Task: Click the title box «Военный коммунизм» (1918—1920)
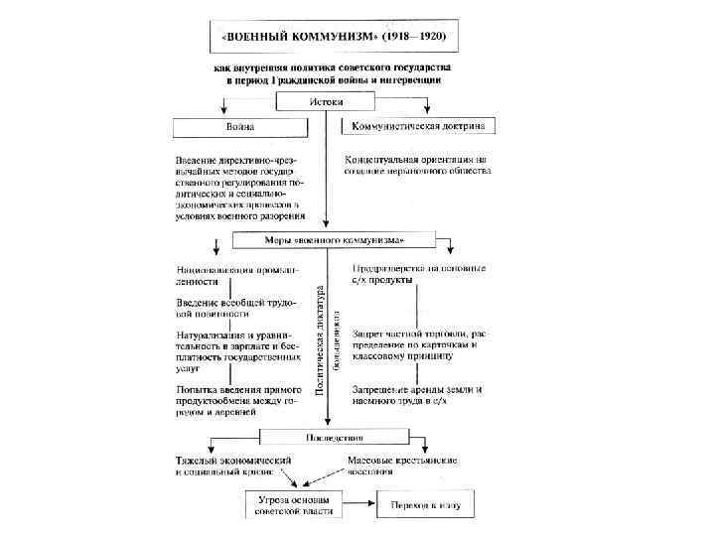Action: tap(328, 37)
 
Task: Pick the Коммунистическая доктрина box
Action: tap(419, 126)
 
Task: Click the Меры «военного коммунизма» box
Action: tap(333, 240)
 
